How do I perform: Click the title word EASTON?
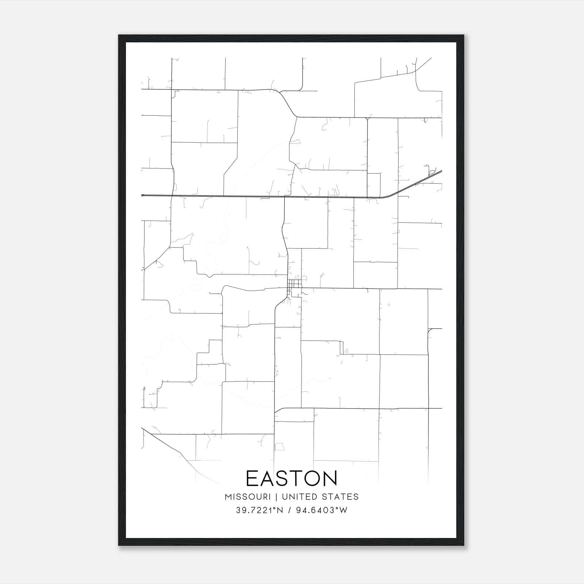coord(292,478)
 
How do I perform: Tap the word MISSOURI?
coord(247,497)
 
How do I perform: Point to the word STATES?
coord(341,497)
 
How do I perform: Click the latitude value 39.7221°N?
coord(259,510)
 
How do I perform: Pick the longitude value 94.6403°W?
coord(322,510)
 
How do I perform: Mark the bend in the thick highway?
coord(387,196)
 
